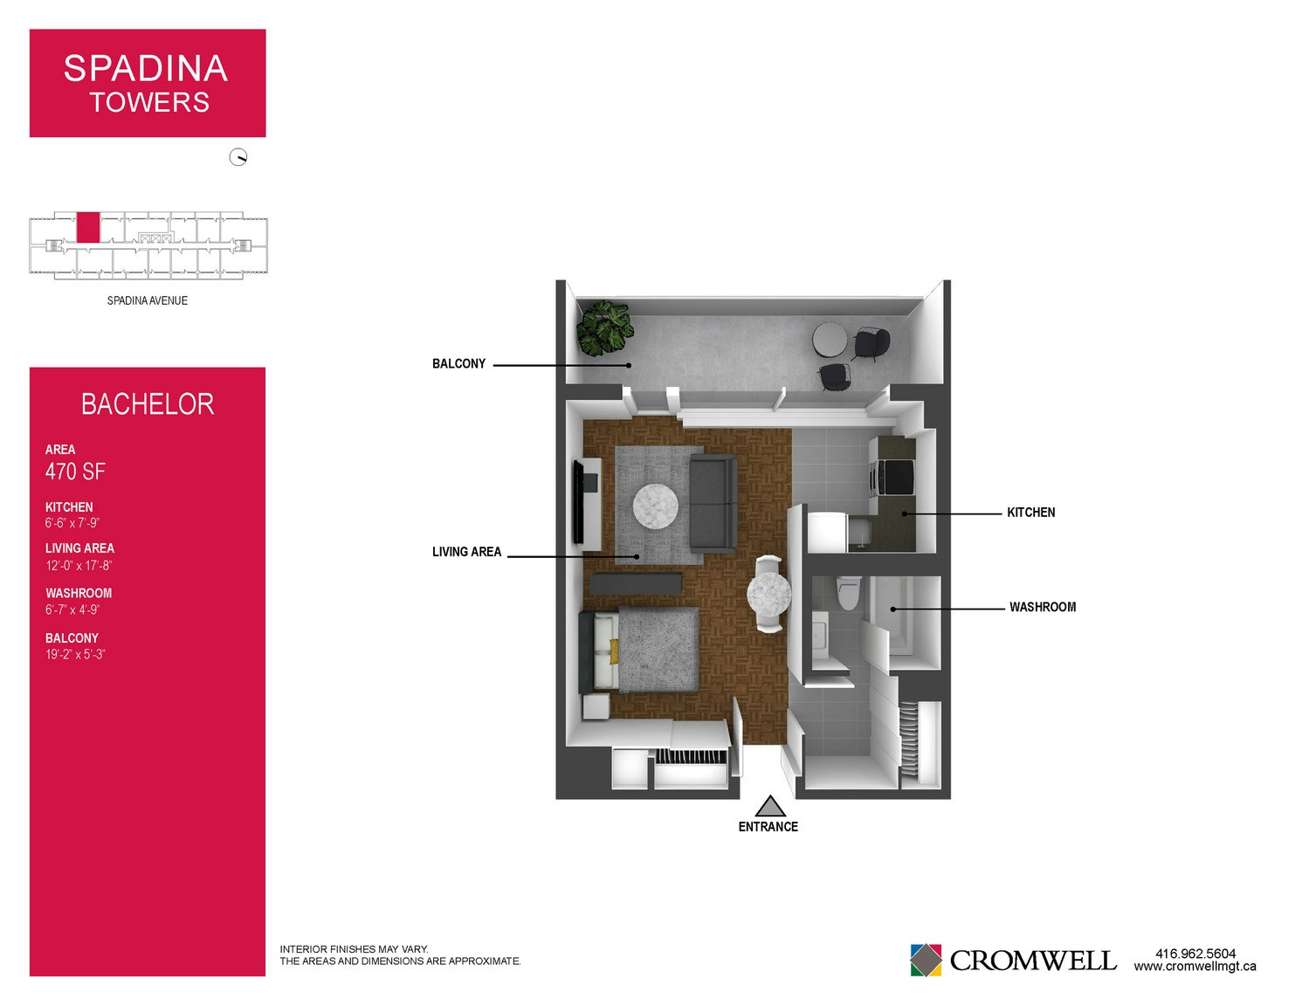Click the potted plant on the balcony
[604, 328]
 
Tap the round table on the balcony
[830, 340]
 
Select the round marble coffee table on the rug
[656, 506]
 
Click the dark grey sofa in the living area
[713, 503]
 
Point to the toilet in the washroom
[848, 593]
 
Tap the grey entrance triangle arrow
[770, 806]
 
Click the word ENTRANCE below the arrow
[768, 827]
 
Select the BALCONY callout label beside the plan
[459, 363]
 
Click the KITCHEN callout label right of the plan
[1030, 513]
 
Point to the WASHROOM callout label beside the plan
[1043, 607]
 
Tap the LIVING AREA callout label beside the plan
[467, 552]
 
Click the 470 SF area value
[75, 472]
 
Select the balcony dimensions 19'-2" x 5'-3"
[75, 654]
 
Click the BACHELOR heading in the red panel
[148, 403]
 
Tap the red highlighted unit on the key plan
[88, 227]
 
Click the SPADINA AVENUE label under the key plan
[148, 300]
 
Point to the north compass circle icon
[238, 157]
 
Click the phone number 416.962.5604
[1195, 954]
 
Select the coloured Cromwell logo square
[926, 960]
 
